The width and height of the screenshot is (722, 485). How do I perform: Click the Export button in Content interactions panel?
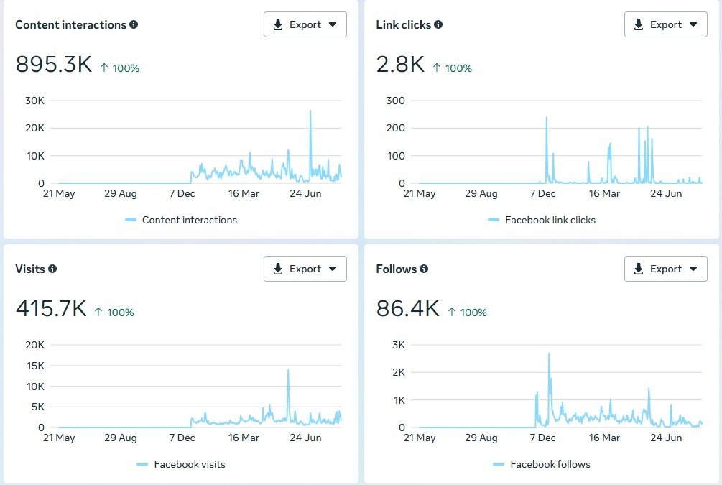coord(305,24)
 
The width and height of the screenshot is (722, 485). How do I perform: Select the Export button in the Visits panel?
coord(305,269)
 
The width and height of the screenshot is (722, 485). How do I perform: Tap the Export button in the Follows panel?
coord(666,269)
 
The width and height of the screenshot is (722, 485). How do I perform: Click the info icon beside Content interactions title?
coord(134,24)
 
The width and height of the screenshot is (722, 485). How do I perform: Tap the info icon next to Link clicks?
coord(438,24)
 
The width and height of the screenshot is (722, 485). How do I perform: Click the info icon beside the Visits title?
coord(52,269)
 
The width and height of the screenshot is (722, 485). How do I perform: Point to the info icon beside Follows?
coord(424,269)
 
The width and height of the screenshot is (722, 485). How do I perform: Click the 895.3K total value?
coord(54,65)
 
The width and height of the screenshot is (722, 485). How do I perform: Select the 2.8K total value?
coord(401,65)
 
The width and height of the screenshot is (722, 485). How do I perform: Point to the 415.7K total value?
coord(51,309)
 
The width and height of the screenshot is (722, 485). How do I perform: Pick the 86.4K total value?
coord(407,309)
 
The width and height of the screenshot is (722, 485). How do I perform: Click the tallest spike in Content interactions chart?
coord(310,111)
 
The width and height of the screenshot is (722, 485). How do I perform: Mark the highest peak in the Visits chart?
coord(288,371)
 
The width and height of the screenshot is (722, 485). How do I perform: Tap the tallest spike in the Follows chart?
coord(549,354)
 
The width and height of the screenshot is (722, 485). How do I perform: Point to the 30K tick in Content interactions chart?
coord(35,100)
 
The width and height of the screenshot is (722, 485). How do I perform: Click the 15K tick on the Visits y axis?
coord(35,366)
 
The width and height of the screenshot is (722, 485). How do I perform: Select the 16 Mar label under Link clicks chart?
coord(604,193)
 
